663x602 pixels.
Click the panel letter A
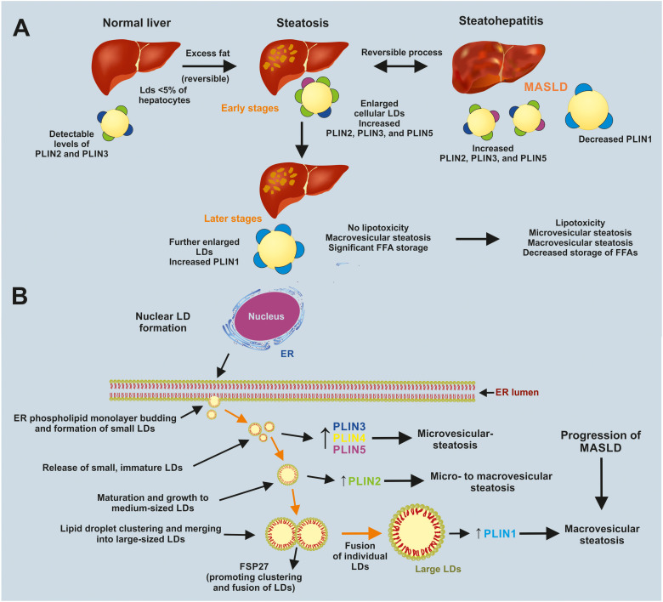coord(21,28)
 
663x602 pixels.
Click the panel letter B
coord(20,296)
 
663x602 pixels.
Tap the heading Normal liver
coord(137,23)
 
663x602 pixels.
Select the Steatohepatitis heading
coord(501,20)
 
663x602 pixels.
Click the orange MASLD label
coord(546,87)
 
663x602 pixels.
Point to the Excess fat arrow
coord(209,66)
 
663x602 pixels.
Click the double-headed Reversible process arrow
coord(401,66)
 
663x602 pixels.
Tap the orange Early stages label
coord(250,108)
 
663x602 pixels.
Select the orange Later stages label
coord(233,219)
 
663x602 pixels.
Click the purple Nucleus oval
coord(266,316)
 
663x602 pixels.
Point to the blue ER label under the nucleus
coord(287,354)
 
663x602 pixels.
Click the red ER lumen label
coord(517,392)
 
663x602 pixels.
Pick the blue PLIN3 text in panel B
coord(349,427)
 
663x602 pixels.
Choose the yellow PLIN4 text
coord(349,438)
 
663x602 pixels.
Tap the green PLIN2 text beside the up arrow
coord(365,480)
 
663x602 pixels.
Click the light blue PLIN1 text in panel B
coord(500,533)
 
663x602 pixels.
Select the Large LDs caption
coord(438,569)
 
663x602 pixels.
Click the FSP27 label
coord(253,566)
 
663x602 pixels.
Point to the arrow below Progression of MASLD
coord(601,484)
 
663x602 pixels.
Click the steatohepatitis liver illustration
coord(498,68)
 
